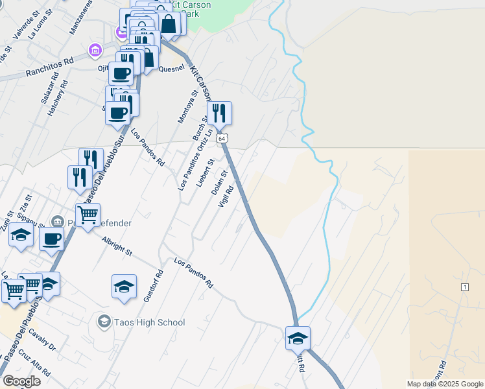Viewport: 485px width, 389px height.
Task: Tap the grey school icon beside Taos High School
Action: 104,321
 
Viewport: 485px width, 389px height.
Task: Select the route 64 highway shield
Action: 222,139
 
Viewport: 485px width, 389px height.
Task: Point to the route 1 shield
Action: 464,287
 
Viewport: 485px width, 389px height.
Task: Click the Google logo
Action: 21,381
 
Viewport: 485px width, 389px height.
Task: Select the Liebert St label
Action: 206,171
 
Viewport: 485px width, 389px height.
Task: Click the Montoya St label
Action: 187,107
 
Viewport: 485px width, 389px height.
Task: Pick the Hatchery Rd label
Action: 58,98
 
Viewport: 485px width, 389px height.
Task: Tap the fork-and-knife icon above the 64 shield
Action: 219,113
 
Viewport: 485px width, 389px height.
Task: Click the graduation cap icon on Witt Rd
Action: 298,338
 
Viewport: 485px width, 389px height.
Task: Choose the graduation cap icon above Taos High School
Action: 124,285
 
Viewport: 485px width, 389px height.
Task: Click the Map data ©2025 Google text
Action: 445,384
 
